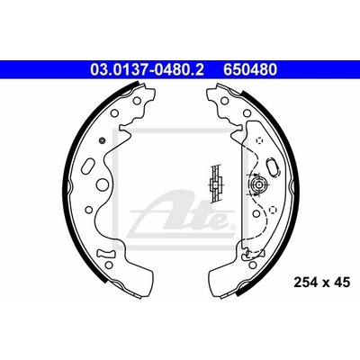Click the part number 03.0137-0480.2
click(x=148, y=69)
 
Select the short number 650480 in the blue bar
click(x=249, y=69)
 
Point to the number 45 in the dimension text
click(x=342, y=283)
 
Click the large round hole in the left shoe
click(x=103, y=184)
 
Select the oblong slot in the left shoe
click(x=90, y=165)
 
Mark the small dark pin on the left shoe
click(x=102, y=139)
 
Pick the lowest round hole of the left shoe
click(x=109, y=265)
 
